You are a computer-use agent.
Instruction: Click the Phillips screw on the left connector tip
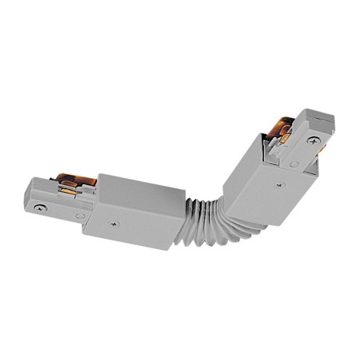[x=41, y=208]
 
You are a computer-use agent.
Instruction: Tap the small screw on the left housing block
[x=115, y=225]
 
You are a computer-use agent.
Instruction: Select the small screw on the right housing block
[x=279, y=185]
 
